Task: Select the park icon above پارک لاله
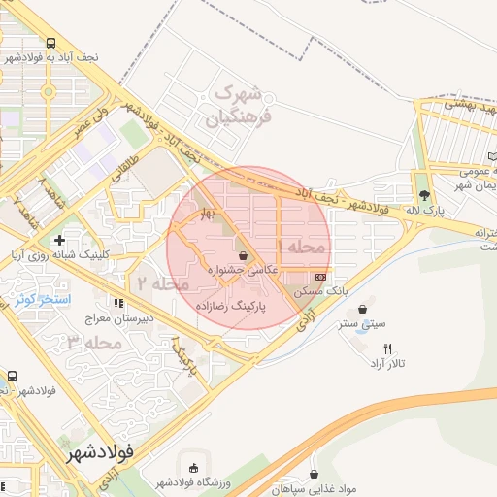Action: [423, 192]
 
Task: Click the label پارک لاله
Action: [423, 210]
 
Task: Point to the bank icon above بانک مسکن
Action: [320, 277]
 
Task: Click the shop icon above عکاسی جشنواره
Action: [242, 256]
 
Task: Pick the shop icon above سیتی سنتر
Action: [362, 310]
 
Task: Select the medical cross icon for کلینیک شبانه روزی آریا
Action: [60, 239]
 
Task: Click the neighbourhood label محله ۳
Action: [95, 343]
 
